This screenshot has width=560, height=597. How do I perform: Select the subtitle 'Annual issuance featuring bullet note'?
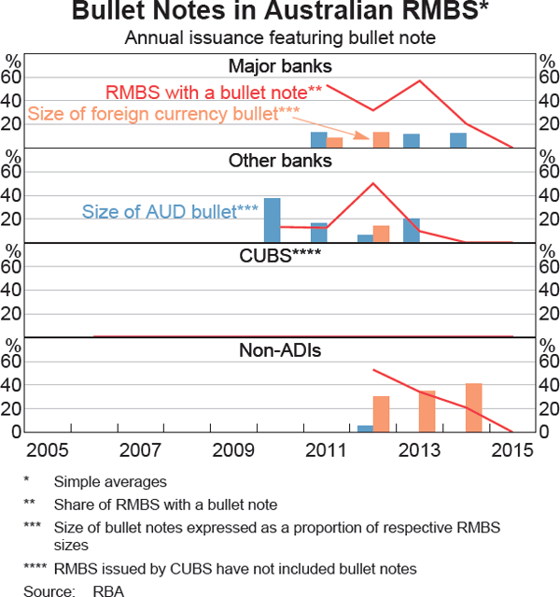click(280, 38)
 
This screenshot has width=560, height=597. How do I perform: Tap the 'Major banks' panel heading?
click(280, 65)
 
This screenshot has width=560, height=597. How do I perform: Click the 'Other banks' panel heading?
click(280, 160)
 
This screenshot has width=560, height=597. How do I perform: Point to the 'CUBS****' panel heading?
click(280, 254)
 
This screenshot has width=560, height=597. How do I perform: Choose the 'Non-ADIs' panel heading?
click(280, 349)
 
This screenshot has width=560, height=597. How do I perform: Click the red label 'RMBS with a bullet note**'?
click(214, 92)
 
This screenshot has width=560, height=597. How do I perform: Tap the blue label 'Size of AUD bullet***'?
click(170, 211)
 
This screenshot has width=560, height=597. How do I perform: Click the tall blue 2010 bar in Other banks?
click(272, 220)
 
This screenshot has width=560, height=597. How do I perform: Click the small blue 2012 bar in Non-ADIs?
click(365, 428)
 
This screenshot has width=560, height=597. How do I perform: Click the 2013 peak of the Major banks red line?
click(420, 81)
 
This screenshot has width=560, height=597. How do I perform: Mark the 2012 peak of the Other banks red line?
click(373, 183)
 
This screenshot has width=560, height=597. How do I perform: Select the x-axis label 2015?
click(512, 449)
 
